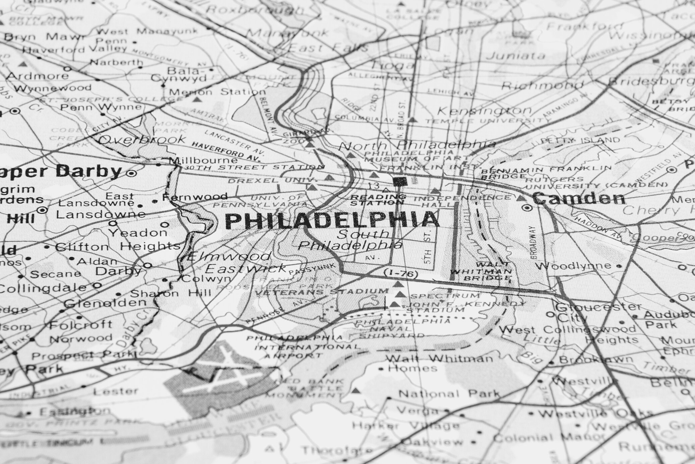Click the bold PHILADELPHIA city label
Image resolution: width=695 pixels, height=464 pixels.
332,221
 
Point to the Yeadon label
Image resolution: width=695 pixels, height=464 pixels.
138,233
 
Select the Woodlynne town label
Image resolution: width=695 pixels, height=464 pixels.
573,266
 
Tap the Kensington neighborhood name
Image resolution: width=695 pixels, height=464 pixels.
485,111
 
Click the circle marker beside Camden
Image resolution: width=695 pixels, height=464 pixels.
527,208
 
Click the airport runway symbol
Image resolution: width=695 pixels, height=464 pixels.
221,372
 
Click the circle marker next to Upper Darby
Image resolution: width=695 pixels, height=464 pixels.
131,173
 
